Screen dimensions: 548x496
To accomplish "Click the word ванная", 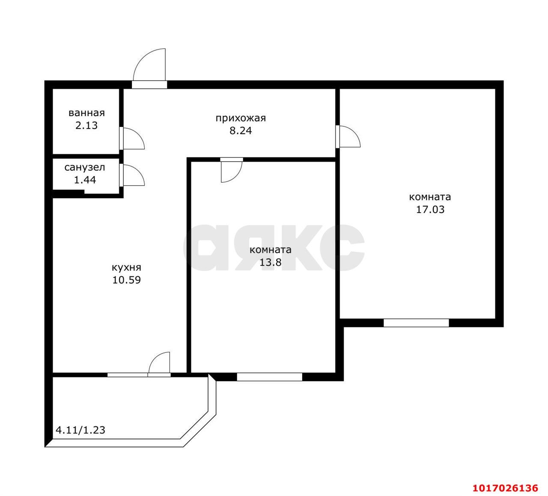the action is pyautogui.click(x=86, y=113).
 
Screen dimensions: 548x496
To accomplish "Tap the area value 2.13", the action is pyautogui.click(x=86, y=126).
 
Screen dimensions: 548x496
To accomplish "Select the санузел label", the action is pyautogui.click(x=85, y=168).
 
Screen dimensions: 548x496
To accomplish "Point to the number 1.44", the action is pyautogui.click(x=85, y=180).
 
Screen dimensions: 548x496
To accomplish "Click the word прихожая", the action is pyautogui.click(x=241, y=118).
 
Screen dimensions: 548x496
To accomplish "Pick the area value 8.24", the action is pyautogui.click(x=241, y=131).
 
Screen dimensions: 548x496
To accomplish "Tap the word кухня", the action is pyautogui.click(x=126, y=268).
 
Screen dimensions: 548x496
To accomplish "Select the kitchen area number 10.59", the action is pyautogui.click(x=126, y=280).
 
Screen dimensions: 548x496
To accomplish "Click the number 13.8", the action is pyautogui.click(x=270, y=262).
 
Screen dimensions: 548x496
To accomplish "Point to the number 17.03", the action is pyautogui.click(x=430, y=210).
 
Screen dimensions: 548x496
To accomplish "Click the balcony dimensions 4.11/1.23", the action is pyautogui.click(x=80, y=430).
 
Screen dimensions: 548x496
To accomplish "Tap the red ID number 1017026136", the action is pyautogui.click(x=505, y=488).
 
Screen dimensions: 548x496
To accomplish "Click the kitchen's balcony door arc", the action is pyautogui.click(x=155, y=358).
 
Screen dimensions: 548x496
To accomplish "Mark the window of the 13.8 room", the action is pyautogui.click(x=269, y=377).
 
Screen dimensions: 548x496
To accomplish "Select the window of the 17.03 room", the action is pyautogui.click(x=416, y=323).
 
